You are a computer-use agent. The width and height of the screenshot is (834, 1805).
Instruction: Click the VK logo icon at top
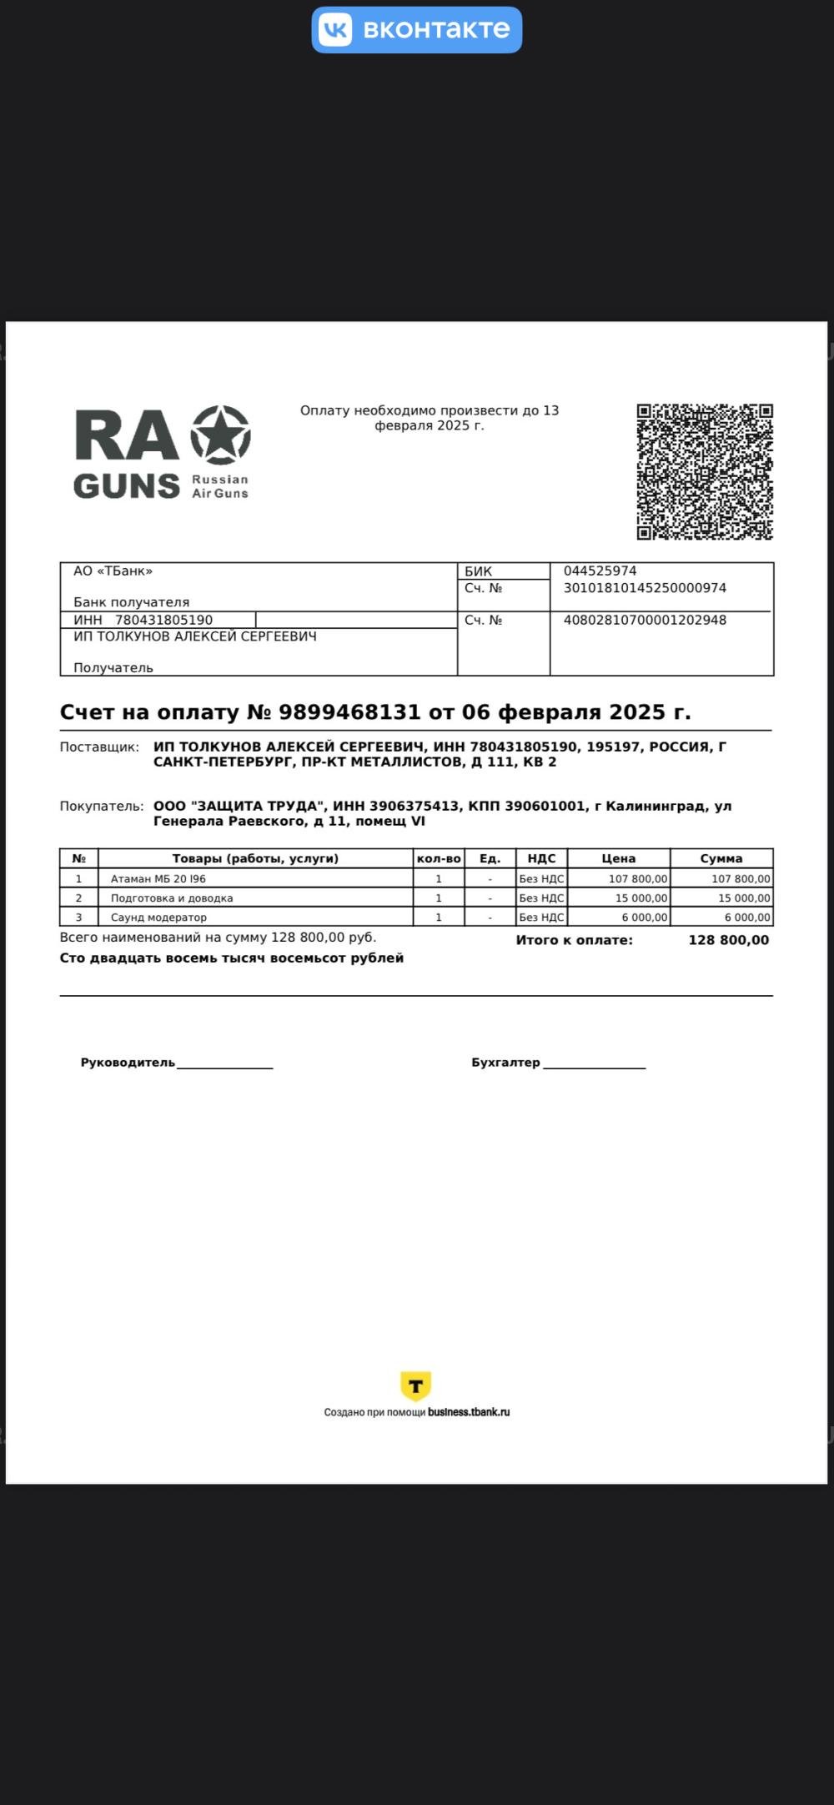[x=335, y=30]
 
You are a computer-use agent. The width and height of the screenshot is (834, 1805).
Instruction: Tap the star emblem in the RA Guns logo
[x=221, y=435]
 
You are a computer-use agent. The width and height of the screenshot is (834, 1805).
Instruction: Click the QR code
[x=705, y=472]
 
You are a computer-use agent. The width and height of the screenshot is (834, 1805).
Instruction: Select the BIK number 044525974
[x=600, y=571]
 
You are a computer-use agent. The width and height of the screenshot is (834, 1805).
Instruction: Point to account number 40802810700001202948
[x=645, y=621]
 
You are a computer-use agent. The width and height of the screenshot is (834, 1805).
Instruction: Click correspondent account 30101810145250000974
[x=645, y=588]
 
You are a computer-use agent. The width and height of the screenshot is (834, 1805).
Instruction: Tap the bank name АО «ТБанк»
[x=113, y=571]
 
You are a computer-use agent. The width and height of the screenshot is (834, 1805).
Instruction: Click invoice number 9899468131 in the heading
[x=349, y=712]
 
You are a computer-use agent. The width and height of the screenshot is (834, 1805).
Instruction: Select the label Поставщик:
[x=99, y=747]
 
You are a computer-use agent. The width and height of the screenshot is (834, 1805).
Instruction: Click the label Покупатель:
[x=101, y=807]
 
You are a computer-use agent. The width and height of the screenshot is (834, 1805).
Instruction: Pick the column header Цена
[x=618, y=858]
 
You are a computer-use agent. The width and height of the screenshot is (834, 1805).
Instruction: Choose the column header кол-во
[x=439, y=858]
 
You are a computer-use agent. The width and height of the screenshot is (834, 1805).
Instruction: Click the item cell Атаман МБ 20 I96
[x=158, y=879]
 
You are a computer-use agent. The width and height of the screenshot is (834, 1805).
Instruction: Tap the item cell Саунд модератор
[x=158, y=918]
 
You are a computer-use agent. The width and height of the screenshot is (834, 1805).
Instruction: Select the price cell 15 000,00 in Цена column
[x=641, y=898]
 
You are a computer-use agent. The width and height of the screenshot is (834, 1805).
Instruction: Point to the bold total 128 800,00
[x=728, y=940]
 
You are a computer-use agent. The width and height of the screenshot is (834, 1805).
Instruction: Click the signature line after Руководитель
[x=224, y=1065]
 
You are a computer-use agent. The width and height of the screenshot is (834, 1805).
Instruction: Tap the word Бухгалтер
[x=505, y=1063]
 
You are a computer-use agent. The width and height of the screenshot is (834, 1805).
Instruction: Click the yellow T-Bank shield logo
[x=415, y=1386]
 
